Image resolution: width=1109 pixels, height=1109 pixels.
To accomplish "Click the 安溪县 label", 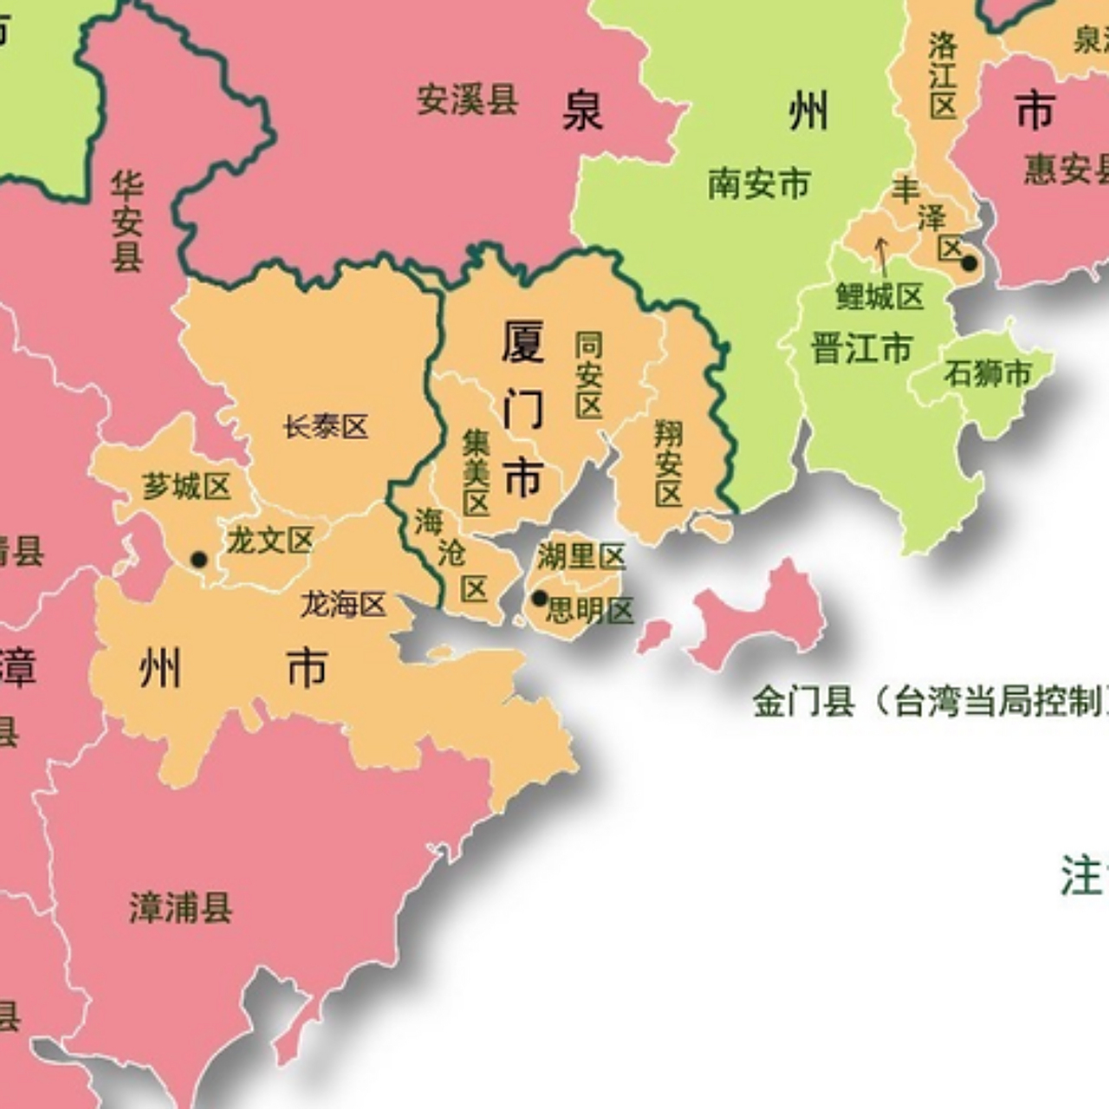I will tap(467, 100).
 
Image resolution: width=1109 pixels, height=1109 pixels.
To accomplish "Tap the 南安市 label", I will tap(759, 184).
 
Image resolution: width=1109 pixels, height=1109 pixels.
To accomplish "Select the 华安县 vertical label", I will tap(126, 221).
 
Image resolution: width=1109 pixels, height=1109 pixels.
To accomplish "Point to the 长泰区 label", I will tap(326, 426).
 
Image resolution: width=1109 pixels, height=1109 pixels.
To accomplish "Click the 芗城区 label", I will tap(186, 487).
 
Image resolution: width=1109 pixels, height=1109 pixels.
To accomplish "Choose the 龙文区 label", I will tap(269, 542).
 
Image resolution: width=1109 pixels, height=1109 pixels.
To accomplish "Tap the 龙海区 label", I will tap(343, 604).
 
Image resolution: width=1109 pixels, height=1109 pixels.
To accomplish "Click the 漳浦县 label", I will tap(181, 908).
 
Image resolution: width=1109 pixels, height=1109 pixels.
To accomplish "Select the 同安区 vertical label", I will tap(589, 374).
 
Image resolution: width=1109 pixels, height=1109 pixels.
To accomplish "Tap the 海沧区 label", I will tap(451, 554).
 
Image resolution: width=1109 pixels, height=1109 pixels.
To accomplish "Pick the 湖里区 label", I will tap(580, 555).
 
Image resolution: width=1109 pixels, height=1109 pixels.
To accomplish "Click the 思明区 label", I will tap(591, 611).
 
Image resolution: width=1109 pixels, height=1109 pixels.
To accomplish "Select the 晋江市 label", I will tap(861, 348).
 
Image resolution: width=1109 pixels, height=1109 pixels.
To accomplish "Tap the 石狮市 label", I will tap(988, 373).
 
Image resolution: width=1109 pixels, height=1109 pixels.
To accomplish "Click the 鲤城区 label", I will tap(879, 297).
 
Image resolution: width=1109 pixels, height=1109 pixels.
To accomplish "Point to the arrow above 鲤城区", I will tap(882, 252).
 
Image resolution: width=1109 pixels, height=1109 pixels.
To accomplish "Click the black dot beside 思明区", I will tap(539, 598).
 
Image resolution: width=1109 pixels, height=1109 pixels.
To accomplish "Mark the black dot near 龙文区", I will tap(199, 559).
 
